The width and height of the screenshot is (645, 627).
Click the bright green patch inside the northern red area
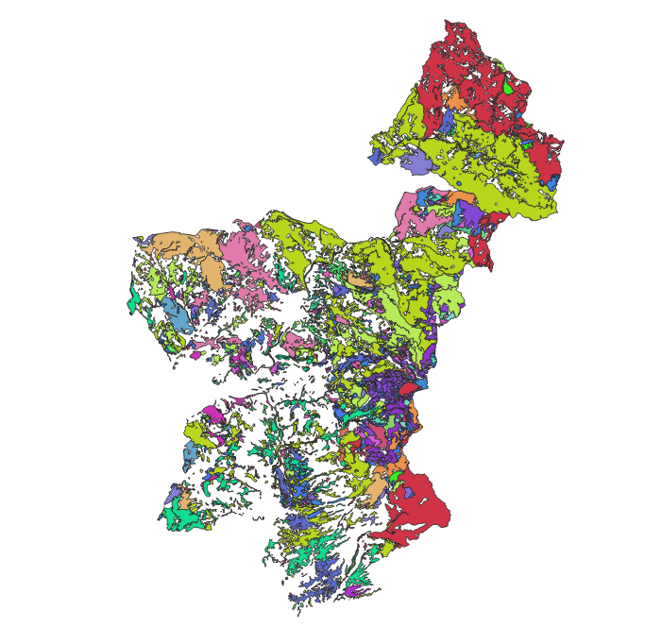pyautogui.click(x=508, y=88)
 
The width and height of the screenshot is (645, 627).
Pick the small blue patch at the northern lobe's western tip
pyautogui.click(x=376, y=158)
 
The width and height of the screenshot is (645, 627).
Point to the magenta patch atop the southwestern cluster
pyautogui.click(x=213, y=413)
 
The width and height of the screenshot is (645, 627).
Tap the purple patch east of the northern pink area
pyautogui.click(x=469, y=214)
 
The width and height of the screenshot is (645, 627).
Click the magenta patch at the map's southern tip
pyautogui.click(x=352, y=590)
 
